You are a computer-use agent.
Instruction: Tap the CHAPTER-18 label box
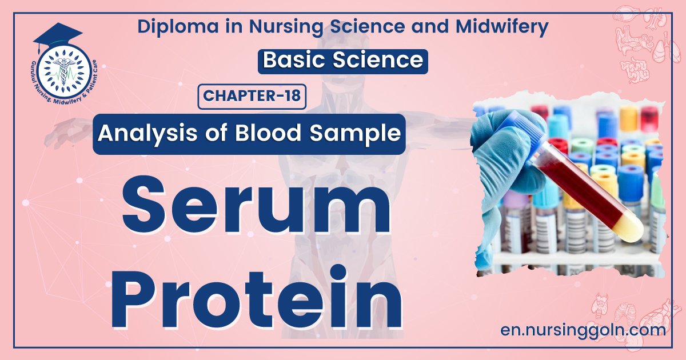click(x=252, y=96)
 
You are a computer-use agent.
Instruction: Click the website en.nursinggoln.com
click(x=583, y=330)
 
